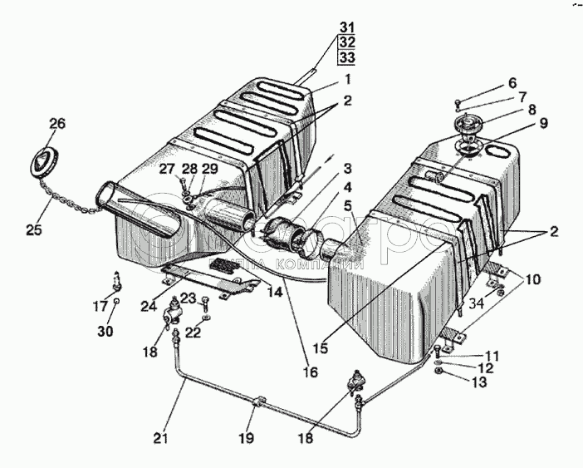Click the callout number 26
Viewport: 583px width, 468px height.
pos(56,126)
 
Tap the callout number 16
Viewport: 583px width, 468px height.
pos(309,372)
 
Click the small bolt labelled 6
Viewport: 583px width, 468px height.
pos(458,103)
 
